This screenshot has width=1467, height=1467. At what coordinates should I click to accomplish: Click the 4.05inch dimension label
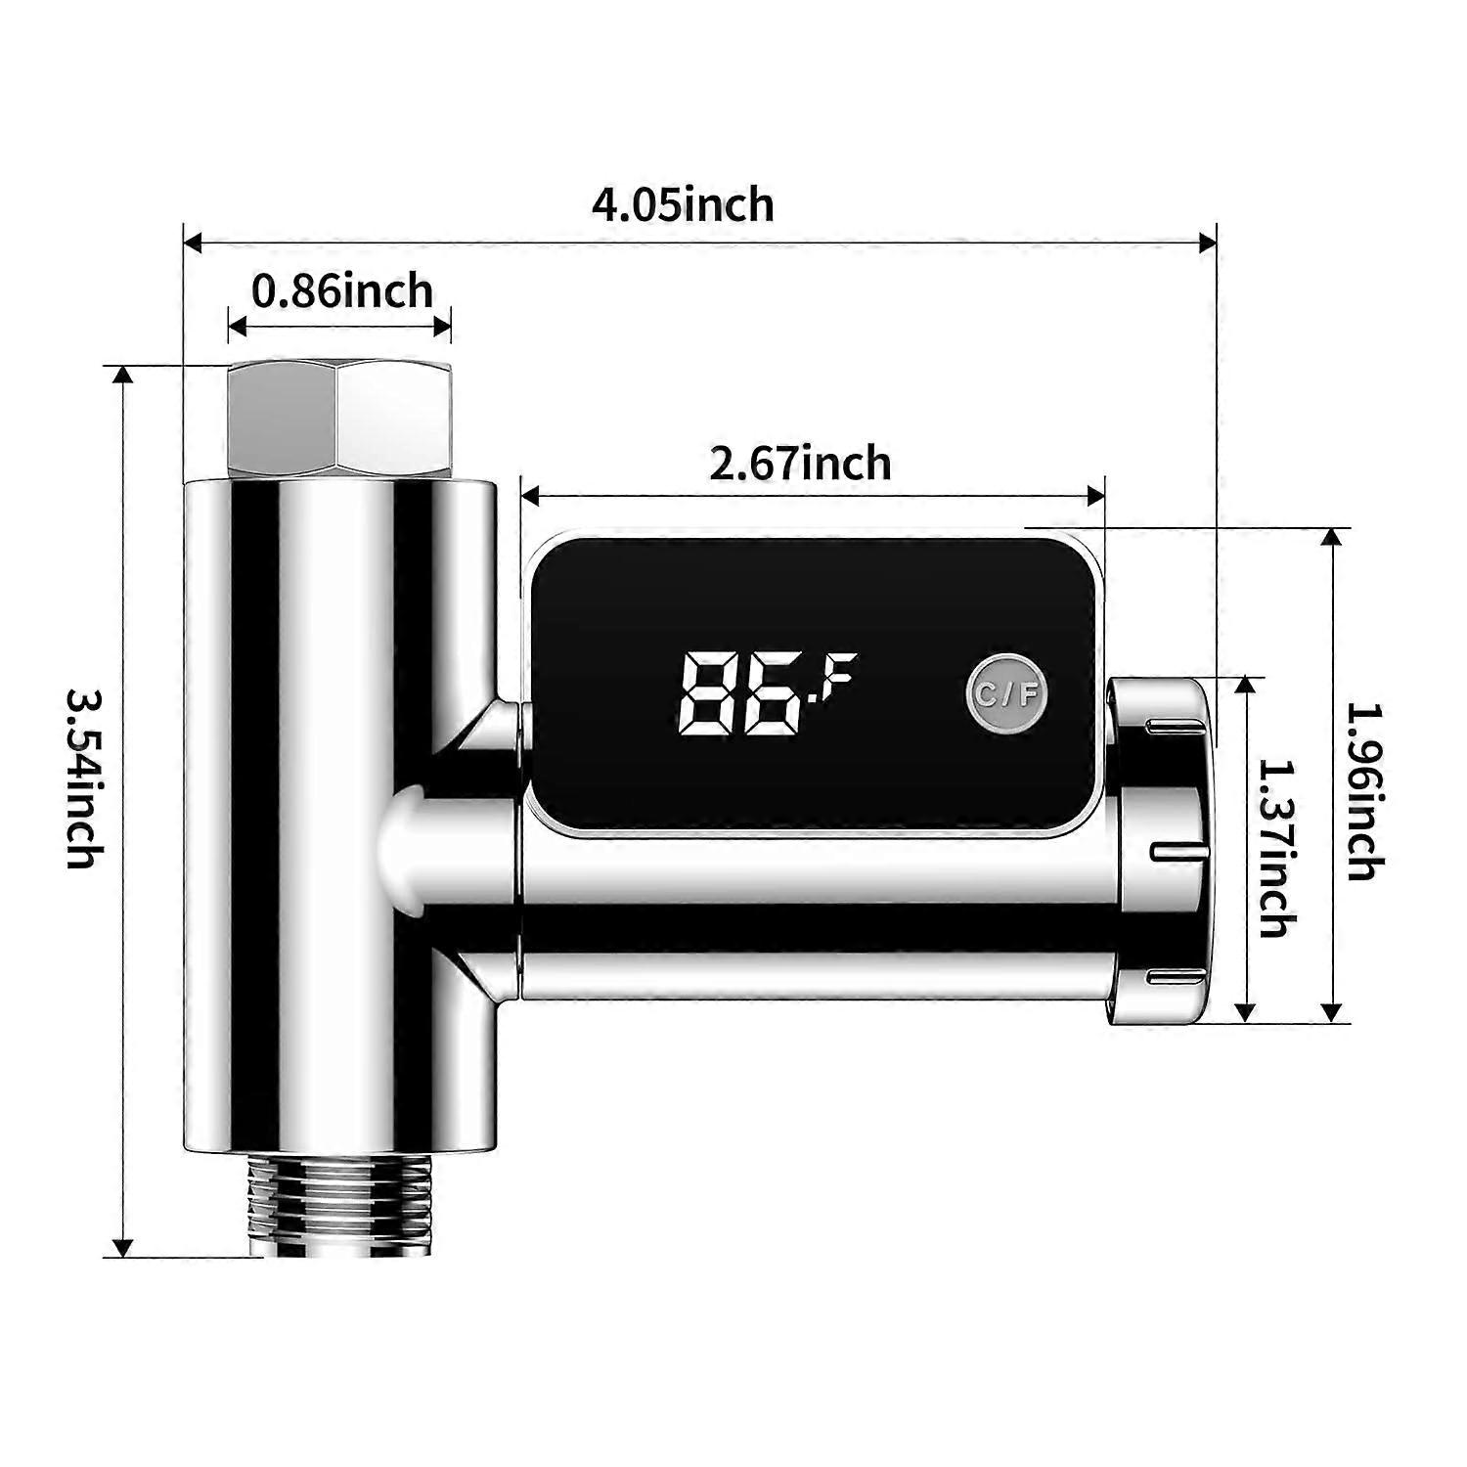(683, 205)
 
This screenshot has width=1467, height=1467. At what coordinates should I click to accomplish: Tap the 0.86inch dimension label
(341, 291)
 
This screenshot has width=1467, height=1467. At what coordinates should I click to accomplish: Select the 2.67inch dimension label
(800, 464)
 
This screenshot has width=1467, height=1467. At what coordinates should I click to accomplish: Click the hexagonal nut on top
(339, 421)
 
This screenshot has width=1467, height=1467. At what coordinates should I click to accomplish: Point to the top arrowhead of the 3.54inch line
(123, 377)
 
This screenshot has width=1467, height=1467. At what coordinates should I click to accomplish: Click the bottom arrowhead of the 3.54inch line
(123, 1247)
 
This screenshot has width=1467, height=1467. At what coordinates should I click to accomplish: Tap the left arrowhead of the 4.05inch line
(194, 243)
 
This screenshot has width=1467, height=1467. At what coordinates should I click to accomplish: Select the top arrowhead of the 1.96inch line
(1331, 538)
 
